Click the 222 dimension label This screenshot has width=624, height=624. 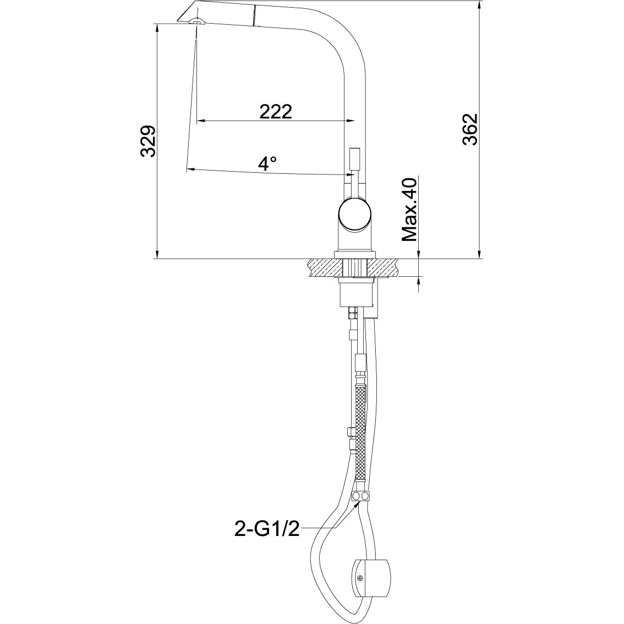275,111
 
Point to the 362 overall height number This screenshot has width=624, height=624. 469,129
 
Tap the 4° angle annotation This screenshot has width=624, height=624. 268,163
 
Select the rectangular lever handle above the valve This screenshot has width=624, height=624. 354,160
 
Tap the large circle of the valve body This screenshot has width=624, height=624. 355,215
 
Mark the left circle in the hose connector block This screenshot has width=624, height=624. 357,497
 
